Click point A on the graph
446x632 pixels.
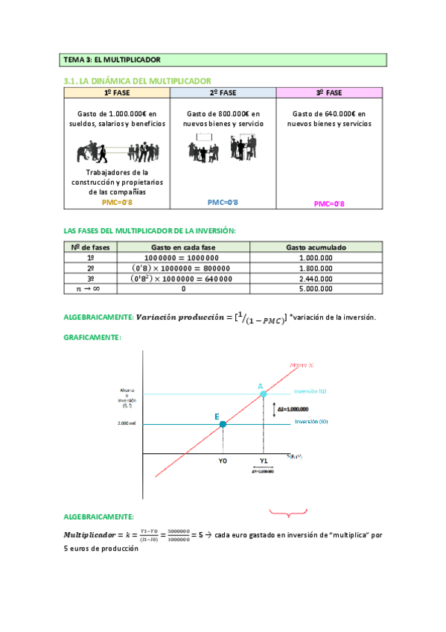263,394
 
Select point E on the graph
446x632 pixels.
223,424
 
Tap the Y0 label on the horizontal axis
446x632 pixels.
223,461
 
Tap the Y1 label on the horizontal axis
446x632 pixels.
263,461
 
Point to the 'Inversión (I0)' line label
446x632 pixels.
311,422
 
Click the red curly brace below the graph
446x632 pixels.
288,512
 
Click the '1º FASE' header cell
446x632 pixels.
117,92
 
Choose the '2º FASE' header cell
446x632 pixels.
223,92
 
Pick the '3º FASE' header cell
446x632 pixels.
329,92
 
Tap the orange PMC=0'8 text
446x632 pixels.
117,202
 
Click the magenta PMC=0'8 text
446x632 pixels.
329,203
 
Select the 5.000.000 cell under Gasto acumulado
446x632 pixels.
316,288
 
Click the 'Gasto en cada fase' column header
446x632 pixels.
184,247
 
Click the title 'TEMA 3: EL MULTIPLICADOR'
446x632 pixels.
112,59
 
